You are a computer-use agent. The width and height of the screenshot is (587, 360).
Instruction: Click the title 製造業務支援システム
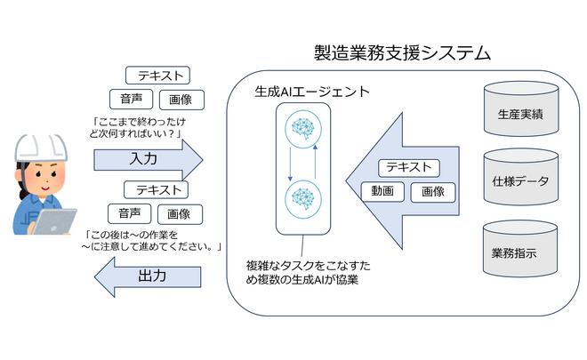click(402, 52)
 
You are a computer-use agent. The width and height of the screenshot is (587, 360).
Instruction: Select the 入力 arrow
click(146, 160)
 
